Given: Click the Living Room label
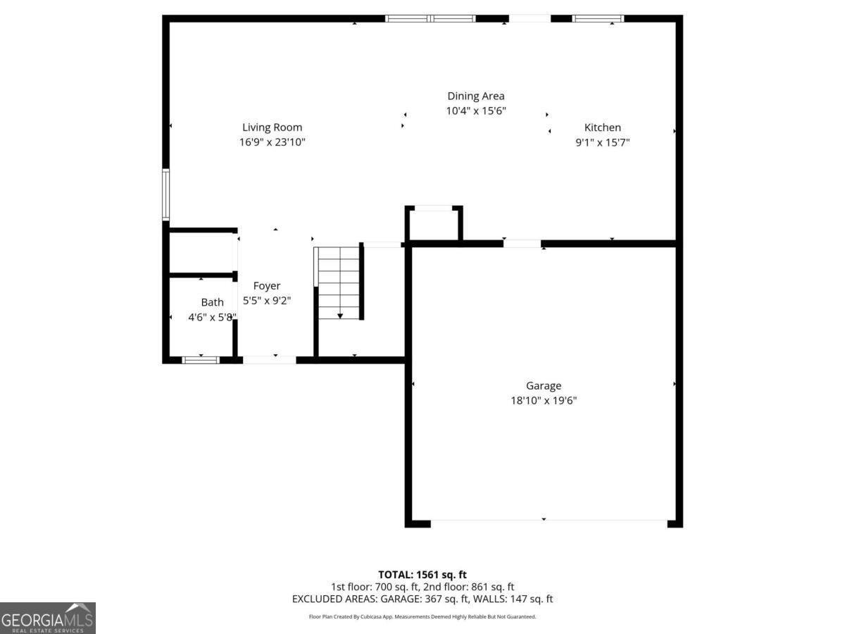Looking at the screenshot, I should [x=272, y=128].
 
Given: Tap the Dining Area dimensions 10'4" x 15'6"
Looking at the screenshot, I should [x=476, y=111].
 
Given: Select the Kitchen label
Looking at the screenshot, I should [x=603, y=128].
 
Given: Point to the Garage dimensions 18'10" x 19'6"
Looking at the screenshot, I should [x=544, y=400].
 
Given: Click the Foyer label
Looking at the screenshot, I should [x=267, y=285].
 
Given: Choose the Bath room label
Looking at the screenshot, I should [x=212, y=302].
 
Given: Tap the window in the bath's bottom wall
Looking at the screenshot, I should [x=201, y=360].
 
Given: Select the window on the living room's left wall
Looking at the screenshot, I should [x=166, y=194].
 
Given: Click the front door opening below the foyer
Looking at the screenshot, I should [x=270, y=360].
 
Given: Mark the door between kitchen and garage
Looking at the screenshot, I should [x=522, y=244].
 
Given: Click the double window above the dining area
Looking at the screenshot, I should [x=431, y=18].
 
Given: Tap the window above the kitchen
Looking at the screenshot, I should [x=598, y=18].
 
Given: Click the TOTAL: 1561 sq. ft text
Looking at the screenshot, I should [x=423, y=575].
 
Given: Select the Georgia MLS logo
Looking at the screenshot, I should [x=47, y=618].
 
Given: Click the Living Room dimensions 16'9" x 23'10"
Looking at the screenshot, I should [x=272, y=142].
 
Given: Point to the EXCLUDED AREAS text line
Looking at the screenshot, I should [x=423, y=599].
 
